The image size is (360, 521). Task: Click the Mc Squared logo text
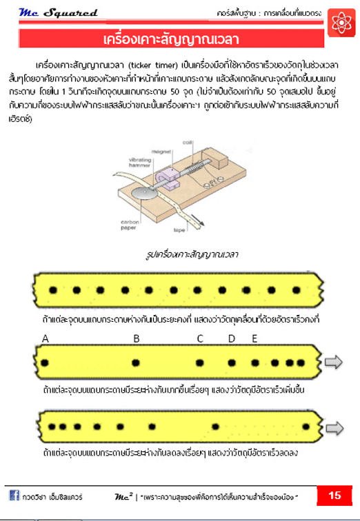point(58,12)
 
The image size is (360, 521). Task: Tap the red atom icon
point(341,23)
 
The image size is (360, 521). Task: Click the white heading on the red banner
point(171,39)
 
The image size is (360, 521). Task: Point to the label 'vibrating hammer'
point(139,163)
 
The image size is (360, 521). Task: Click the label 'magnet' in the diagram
point(161,152)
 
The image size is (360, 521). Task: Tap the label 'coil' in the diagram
point(187,143)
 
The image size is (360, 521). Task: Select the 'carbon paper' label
point(130,225)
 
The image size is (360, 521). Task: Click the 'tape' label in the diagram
point(179,230)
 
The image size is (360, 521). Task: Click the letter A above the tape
point(46,338)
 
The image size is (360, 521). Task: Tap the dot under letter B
point(136,362)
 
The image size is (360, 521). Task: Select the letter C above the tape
point(200,338)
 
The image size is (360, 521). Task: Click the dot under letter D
point(232,362)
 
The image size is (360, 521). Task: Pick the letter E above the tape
point(254,338)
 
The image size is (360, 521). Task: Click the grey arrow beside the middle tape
point(333,362)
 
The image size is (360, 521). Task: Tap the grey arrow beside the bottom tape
point(334,428)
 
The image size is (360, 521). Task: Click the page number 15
point(334,496)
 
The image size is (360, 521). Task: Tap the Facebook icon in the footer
point(14,496)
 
